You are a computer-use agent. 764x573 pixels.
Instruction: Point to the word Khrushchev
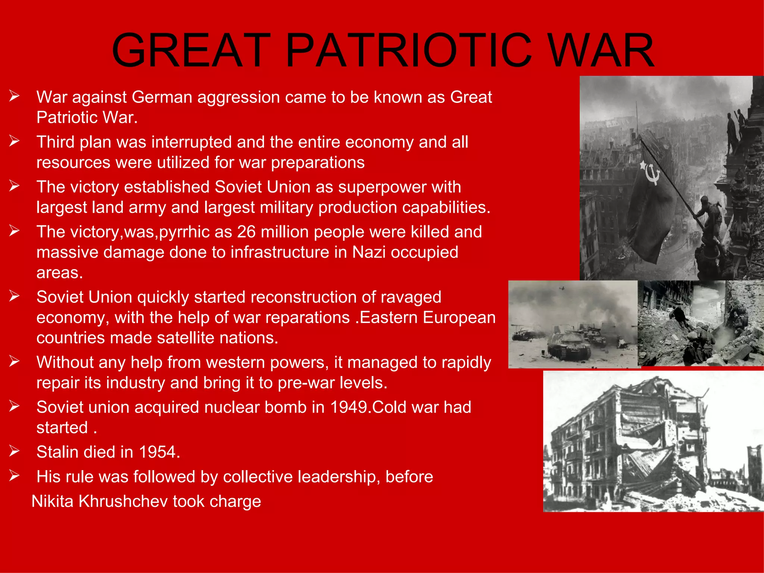click(x=123, y=501)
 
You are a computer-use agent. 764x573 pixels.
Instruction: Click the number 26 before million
click(x=246, y=232)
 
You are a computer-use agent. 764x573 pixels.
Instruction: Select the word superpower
click(x=382, y=187)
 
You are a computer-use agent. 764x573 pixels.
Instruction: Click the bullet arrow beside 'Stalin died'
click(x=14, y=451)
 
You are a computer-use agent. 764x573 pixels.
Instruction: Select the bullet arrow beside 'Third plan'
click(x=14, y=141)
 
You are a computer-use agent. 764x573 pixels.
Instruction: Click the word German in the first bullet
click(x=162, y=97)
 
